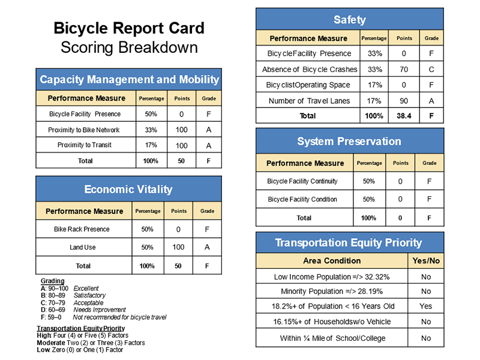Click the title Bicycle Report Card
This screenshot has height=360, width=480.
[x=128, y=28]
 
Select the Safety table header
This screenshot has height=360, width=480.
[x=349, y=20]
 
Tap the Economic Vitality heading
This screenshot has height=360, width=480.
[x=128, y=190]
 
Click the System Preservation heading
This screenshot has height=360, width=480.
[x=349, y=142]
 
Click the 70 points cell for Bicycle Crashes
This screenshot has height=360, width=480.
[x=404, y=70]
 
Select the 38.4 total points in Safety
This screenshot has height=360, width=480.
[x=404, y=116]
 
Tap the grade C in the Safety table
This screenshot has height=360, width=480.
[x=431, y=70]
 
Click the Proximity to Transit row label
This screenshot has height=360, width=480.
[x=85, y=145]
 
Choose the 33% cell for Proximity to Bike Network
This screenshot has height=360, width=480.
[x=151, y=130]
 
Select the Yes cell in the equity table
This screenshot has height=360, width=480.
[x=425, y=306]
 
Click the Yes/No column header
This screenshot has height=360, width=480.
[x=425, y=261]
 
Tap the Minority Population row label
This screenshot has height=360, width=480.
[x=332, y=292]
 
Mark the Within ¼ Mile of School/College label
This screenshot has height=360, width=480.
[x=332, y=338]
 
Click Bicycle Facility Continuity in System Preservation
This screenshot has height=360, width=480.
[x=302, y=181]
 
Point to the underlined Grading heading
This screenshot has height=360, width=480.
[x=53, y=281]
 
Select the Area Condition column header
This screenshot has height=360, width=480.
[x=332, y=261]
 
